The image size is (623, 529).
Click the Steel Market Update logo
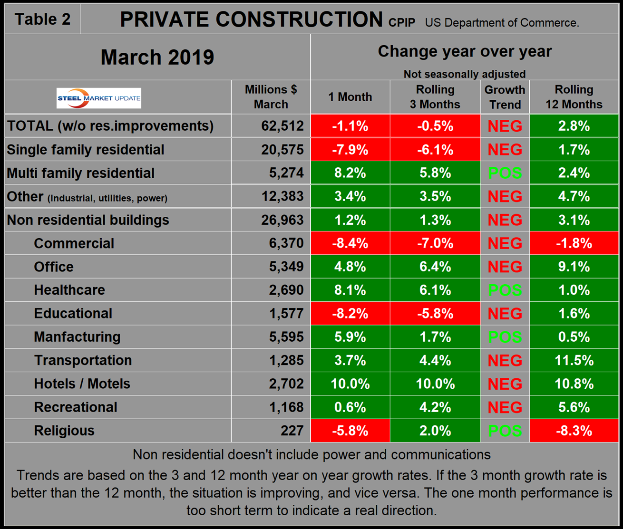(x=99, y=98)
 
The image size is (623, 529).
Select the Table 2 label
(x=42, y=19)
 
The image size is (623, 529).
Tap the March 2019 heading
(x=157, y=57)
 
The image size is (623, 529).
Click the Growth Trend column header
(x=505, y=97)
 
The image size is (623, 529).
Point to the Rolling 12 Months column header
(x=574, y=97)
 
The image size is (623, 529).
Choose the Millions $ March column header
(x=271, y=97)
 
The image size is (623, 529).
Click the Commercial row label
(x=74, y=243)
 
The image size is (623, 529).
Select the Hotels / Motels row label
(x=82, y=384)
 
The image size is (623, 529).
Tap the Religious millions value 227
(x=292, y=431)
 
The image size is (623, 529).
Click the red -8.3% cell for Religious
(x=574, y=431)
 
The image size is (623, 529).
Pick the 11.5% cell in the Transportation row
(x=574, y=360)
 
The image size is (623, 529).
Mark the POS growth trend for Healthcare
(x=505, y=290)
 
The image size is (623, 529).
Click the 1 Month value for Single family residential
(x=350, y=150)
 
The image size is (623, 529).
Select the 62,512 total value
(x=282, y=126)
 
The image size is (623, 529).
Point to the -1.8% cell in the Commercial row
(x=574, y=243)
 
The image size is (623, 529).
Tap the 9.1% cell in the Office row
(x=574, y=267)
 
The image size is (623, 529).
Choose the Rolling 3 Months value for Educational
(x=435, y=314)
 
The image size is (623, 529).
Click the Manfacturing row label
(x=77, y=337)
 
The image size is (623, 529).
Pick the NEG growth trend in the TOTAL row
(x=505, y=126)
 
